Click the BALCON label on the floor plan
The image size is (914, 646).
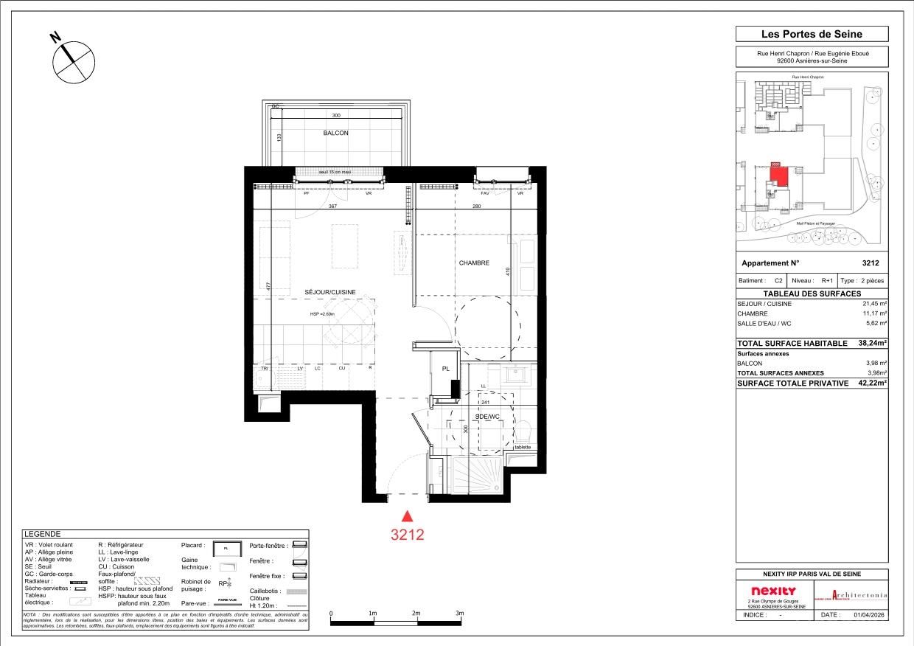pyautogui.click(x=335, y=133)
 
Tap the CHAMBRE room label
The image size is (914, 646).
pyautogui.click(x=474, y=263)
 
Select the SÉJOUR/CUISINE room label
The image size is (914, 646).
pyautogui.click(x=330, y=292)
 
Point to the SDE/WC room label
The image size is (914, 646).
pyautogui.click(x=487, y=417)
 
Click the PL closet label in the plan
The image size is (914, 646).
pyautogui.click(x=445, y=369)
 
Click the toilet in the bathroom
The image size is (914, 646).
pyautogui.click(x=523, y=430)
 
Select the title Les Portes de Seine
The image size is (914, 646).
pyautogui.click(x=812, y=34)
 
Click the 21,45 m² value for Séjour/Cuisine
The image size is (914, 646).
pyautogui.click(x=874, y=304)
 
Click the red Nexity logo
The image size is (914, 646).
pyautogui.click(x=773, y=591)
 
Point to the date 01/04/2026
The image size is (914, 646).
pyautogui.click(x=871, y=614)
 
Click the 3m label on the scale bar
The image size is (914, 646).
pyautogui.click(x=459, y=614)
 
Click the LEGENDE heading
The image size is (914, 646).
pyautogui.click(x=42, y=534)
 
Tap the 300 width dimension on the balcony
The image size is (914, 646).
pyautogui.click(x=335, y=116)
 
